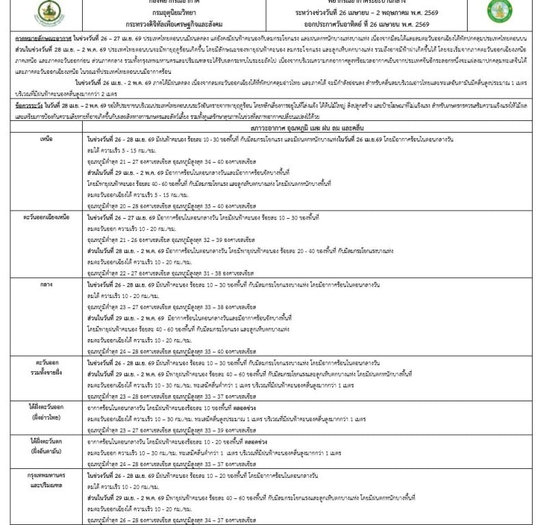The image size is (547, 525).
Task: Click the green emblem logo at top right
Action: (x=499, y=11)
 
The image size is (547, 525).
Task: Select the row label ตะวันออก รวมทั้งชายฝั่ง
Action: (x=45, y=363)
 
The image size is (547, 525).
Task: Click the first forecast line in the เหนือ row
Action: (x=253, y=138)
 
